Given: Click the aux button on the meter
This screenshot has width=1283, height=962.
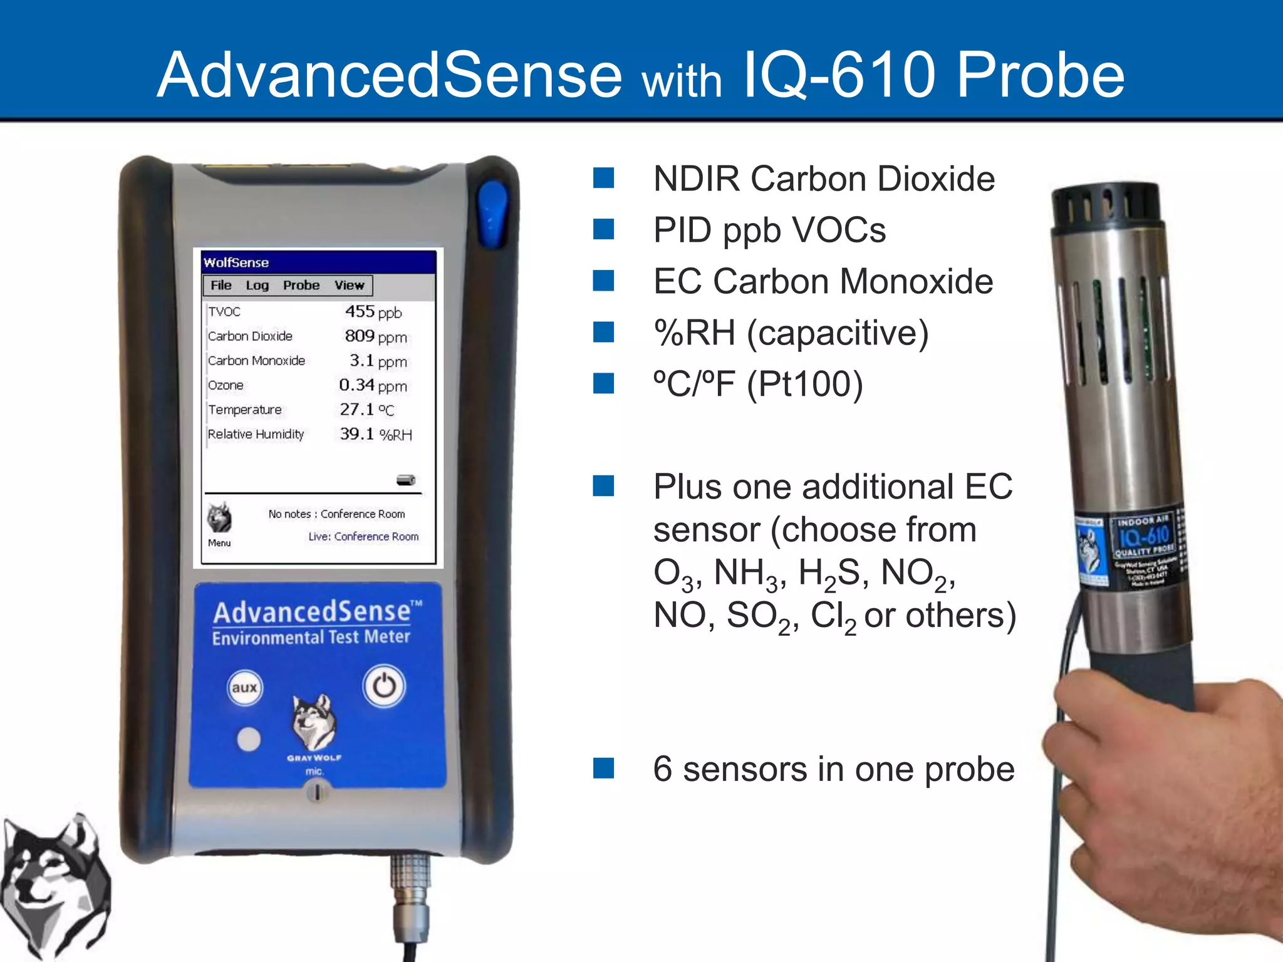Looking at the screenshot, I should point(244,688).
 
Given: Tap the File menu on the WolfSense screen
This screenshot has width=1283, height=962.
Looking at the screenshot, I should point(221,286).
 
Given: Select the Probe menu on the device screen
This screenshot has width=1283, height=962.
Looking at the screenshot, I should point(301,286).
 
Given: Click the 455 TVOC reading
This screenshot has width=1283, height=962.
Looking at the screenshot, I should point(360,311).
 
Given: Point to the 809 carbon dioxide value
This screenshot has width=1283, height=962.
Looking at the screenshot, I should point(360,336).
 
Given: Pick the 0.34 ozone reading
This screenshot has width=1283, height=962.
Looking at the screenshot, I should point(356,385).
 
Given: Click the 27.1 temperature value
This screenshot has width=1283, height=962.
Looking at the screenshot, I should point(356,410).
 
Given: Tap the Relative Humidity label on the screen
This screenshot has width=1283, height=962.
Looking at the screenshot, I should point(256,434).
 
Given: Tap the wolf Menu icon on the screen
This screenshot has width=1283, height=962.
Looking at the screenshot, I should point(219,519).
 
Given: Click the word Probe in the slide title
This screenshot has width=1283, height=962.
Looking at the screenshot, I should point(1041,76).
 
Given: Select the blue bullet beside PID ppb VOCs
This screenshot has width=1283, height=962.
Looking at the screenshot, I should point(604,230).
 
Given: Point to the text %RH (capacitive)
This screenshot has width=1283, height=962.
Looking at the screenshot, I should point(791,333).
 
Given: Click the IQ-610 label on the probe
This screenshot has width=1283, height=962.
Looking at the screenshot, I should point(1144,536).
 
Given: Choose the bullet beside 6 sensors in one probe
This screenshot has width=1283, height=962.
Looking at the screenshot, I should point(604,768).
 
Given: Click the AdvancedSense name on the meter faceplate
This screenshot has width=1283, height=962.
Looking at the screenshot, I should point(312,612).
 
